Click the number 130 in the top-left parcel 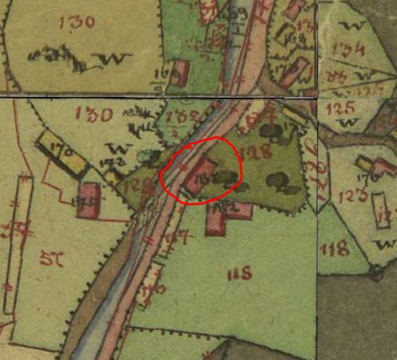tap(78, 22)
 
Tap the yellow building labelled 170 tap(62, 151)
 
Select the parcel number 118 tap(334, 249)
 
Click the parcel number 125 tap(339, 109)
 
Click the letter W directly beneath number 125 tap(347, 123)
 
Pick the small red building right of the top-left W tap(180, 71)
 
